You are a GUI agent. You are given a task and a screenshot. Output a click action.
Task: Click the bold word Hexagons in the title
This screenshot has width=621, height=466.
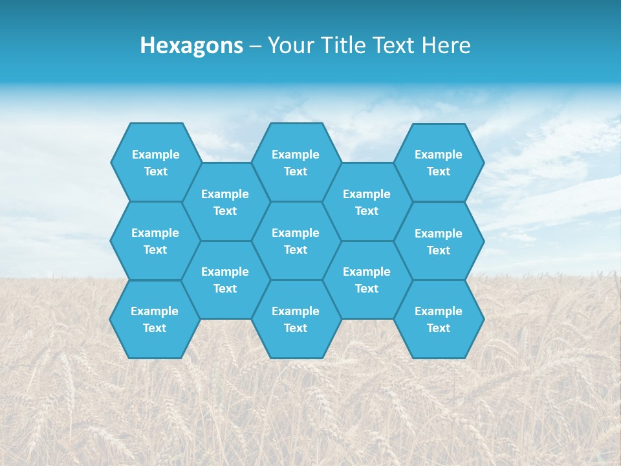click(191, 45)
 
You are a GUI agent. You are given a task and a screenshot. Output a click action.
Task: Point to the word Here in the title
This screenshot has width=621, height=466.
click(446, 45)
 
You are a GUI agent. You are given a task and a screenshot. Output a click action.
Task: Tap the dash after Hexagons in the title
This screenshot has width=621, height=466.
click(255, 46)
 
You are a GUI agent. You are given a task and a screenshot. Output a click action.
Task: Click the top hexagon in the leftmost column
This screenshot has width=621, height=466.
click(155, 162)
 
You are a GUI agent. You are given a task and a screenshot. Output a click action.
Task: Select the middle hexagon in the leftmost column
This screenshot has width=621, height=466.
click(155, 241)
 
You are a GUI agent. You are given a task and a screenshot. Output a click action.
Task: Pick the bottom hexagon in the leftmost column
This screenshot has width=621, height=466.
click(155, 319)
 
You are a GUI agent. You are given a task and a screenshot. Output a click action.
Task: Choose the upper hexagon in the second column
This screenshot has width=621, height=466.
click(225, 202)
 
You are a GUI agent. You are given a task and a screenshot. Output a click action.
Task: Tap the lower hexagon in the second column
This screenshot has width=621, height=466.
click(225, 280)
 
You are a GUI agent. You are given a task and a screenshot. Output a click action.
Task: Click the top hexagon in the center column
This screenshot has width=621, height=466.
click(296, 162)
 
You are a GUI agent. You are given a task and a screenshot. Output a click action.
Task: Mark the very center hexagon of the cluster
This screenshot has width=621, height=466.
click(296, 241)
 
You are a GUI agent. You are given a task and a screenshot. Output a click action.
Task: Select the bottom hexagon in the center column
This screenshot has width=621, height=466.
click(296, 319)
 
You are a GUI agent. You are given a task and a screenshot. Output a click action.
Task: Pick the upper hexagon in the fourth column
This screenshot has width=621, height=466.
click(367, 202)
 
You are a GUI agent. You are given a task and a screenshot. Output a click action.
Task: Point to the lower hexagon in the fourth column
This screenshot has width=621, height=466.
click(367, 280)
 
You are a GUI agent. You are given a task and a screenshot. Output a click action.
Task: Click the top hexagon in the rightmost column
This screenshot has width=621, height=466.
click(439, 162)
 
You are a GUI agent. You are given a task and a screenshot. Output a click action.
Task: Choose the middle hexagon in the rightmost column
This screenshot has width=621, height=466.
click(439, 241)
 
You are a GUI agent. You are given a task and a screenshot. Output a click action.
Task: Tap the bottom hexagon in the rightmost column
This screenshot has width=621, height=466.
click(439, 319)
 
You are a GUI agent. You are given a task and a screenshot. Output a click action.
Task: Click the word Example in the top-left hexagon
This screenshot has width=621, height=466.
click(155, 155)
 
